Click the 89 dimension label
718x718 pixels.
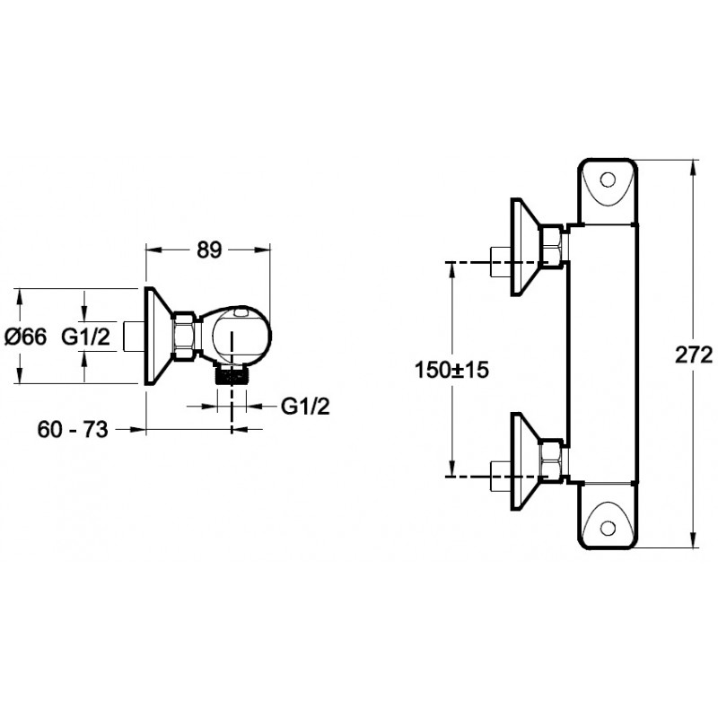(x=209, y=250)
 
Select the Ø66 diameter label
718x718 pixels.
(x=26, y=337)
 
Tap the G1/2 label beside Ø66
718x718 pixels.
(x=86, y=337)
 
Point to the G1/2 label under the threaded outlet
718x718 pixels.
(x=305, y=407)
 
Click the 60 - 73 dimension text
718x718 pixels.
(x=73, y=430)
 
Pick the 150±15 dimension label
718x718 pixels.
(x=451, y=370)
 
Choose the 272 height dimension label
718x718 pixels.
(x=694, y=355)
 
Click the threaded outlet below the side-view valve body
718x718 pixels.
(x=232, y=375)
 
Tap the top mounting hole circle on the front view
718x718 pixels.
(x=608, y=180)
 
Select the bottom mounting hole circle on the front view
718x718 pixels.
(x=608, y=528)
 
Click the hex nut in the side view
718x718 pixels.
(x=185, y=336)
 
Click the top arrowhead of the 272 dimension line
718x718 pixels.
(x=694, y=166)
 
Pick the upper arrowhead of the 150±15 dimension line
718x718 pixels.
(x=452, y=268)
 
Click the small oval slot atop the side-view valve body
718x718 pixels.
(x=241, y=313)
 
